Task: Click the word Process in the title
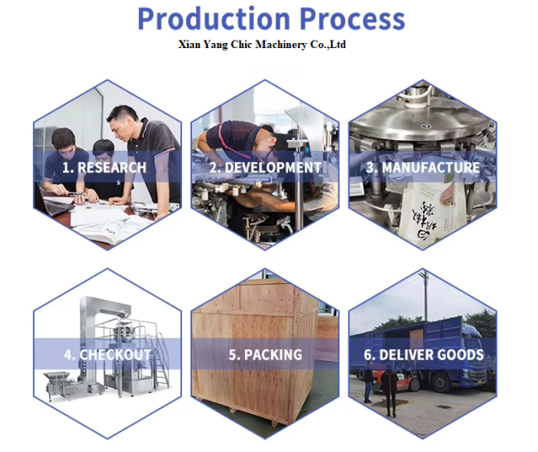(x=353, y=19)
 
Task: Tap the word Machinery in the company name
(x=281, y=45)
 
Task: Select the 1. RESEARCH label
(x=104, y=167)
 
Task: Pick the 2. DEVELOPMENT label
(x=265, y=167)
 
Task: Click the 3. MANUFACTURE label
(x=423, y=167)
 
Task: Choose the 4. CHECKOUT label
(x=108, y=354)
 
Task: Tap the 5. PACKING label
(x=265, y=354)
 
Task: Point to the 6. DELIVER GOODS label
(x=424, y=354)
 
